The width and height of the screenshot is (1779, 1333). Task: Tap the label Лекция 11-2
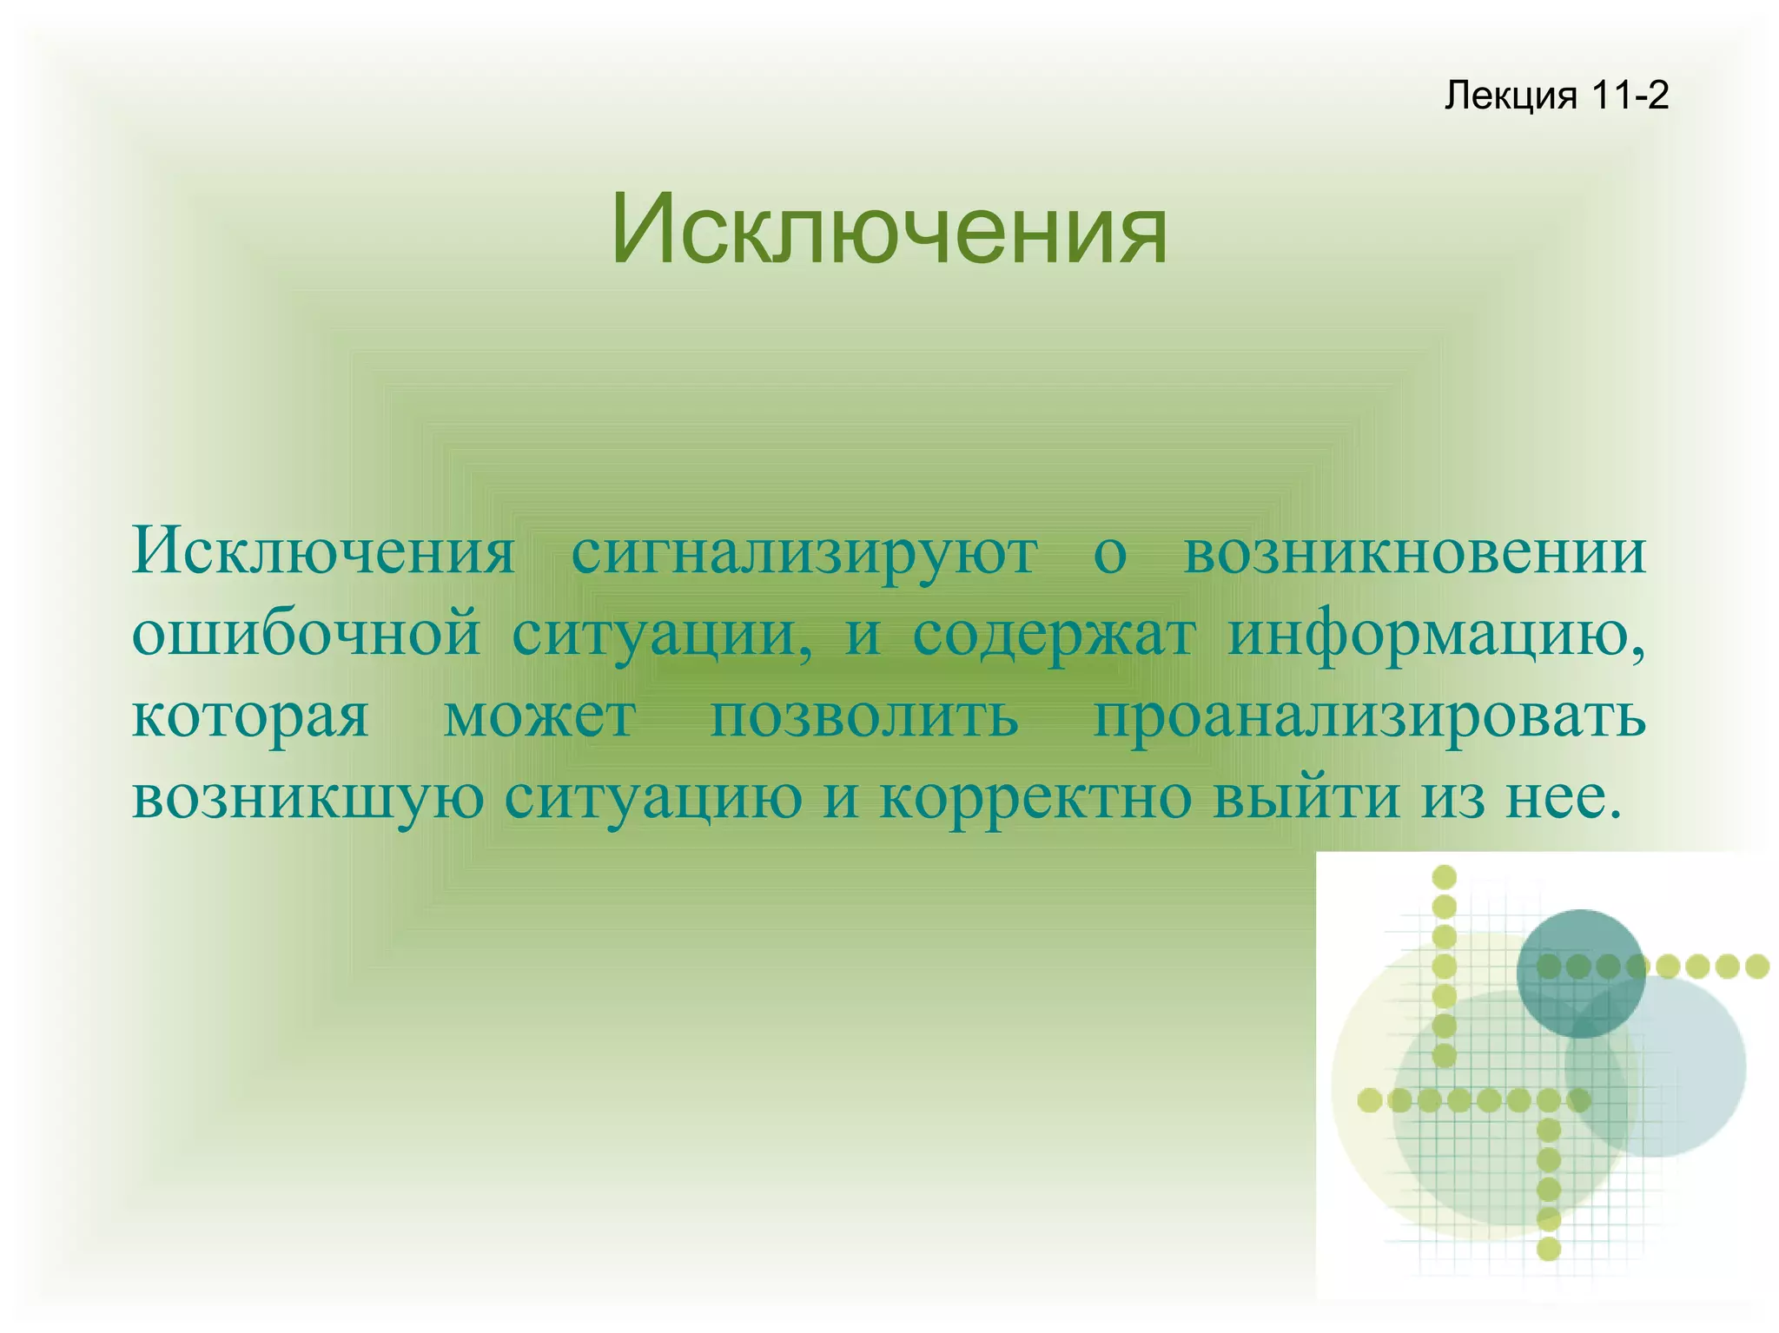tap(1556, 95)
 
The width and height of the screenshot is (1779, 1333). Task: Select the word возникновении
tap(1414, 552)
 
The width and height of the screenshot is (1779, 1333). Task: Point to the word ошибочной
tap(306, 634)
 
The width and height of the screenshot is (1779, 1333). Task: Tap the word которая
tap(250, 717)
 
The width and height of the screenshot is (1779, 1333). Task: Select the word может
tap(539, 717)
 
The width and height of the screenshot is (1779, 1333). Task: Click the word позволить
tap(864, 717)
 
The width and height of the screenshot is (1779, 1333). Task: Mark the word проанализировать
tap(1369, 717)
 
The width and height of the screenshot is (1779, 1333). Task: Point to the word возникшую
tap(308, 797)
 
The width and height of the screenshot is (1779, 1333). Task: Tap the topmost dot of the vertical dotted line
tap(1444, 876)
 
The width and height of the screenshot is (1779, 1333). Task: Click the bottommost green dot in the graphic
tap(1549, 1250)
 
